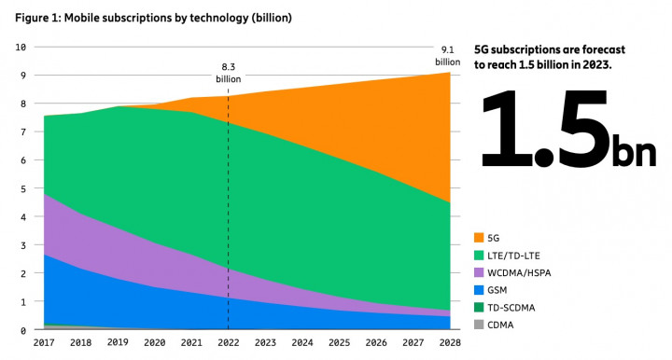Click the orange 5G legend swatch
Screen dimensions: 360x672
coord(481,238)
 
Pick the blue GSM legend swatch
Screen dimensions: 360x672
coord(481,289)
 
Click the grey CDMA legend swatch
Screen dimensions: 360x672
coord(481,323)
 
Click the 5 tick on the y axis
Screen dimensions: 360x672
coord(22,188)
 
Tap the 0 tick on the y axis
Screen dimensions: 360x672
coord(22,330)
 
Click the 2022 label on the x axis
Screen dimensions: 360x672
coord(229,343)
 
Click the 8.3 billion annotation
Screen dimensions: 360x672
coord(229,73)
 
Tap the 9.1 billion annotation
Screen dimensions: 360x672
coord(448,56)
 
